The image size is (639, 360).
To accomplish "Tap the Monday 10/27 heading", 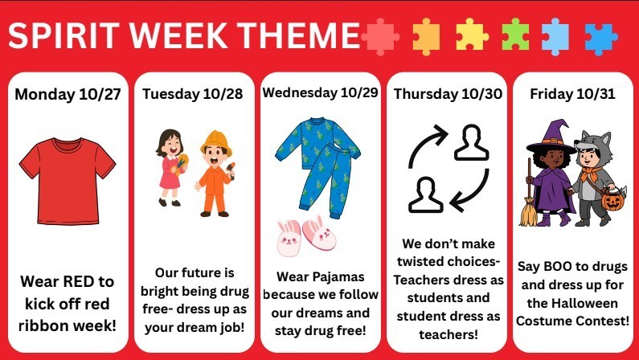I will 68,94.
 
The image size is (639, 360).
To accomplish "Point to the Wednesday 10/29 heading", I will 319,92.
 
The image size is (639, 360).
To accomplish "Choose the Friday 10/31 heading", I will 572,94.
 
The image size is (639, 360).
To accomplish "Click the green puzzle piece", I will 514,34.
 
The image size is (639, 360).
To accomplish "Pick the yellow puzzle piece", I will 471,34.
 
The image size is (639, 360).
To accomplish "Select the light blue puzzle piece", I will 556,34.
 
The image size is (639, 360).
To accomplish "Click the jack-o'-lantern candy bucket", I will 612,198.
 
